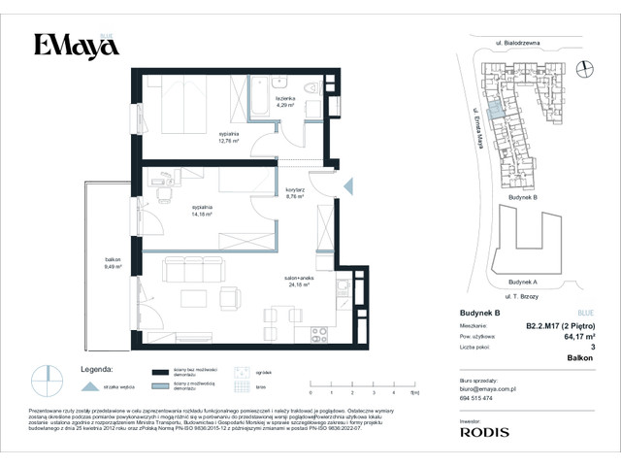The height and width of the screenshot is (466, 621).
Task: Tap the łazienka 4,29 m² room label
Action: tap(284, 102)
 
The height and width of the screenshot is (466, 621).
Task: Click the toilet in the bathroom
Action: tap(311, 91)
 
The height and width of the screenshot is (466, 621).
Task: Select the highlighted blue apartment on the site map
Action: tap(495, 111)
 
